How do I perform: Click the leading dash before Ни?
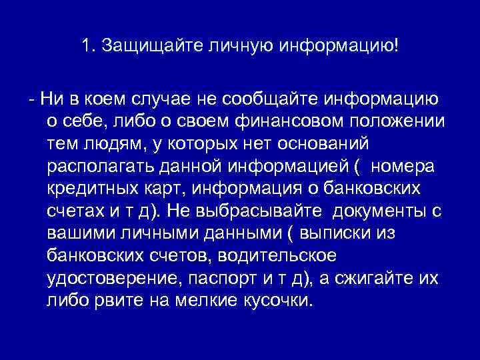click(32, 100)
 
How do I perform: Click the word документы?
click(381, 211)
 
